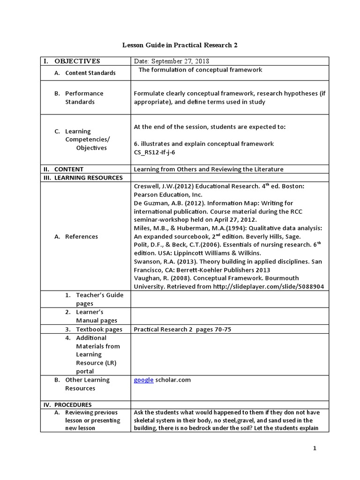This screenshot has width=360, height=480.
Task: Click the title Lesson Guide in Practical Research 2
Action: tap(180, 45)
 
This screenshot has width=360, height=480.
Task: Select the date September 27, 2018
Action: tap(172, 61)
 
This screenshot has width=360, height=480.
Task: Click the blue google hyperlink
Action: tap(143, 380)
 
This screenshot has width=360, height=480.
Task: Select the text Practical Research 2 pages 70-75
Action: tap(182, 329)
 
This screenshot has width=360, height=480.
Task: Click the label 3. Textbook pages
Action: tap(94, 329)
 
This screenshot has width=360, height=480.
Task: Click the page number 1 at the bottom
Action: tap(315, 449)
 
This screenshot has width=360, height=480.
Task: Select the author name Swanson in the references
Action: tap(147, 261)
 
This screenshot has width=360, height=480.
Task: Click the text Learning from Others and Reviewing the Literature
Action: tap(209, 169)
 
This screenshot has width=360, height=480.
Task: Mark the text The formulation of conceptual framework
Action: tap(200, 70)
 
